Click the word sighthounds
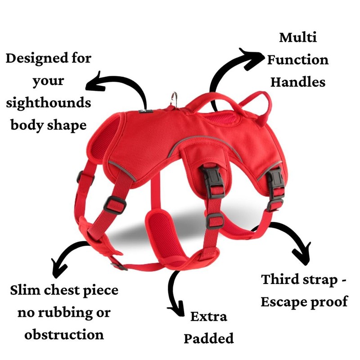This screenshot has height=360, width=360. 48,103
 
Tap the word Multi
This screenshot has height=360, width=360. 297,37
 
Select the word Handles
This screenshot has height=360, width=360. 297,82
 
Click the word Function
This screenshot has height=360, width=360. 297,60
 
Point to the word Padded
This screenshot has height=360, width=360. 208,338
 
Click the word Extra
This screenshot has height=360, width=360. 208,316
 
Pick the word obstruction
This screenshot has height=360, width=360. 64,335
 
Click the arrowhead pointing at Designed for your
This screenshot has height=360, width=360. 92,84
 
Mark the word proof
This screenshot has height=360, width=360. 329,301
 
